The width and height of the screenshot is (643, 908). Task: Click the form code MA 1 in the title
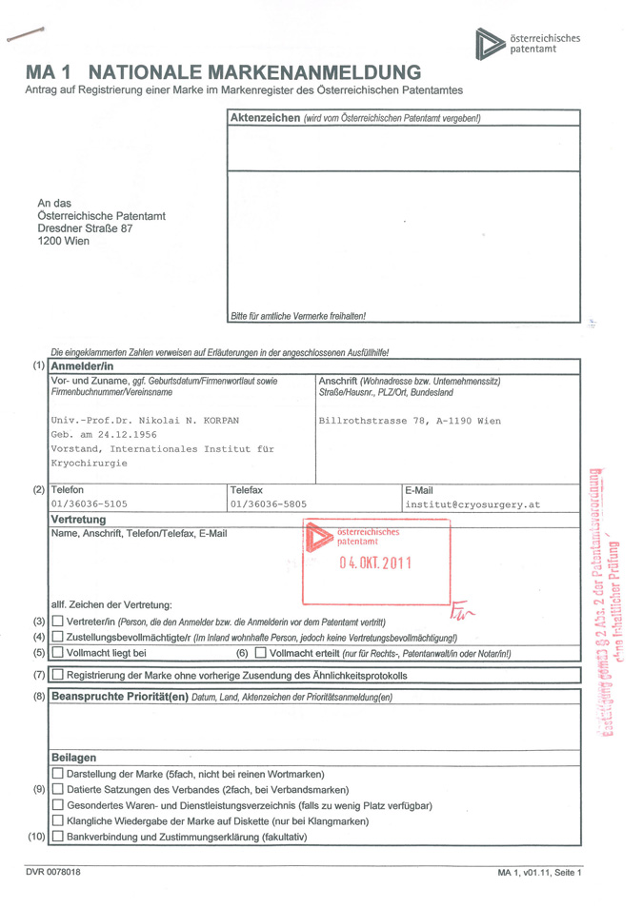tap(53, 72)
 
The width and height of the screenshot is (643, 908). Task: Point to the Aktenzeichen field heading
tap(262, 117)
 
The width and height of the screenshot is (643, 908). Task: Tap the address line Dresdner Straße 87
tap(85, 228)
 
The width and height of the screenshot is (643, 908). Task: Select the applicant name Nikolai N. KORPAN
tap(180, 420)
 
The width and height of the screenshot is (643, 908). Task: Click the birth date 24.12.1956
tap(126, 434)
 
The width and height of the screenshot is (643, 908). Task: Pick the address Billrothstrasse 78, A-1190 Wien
tap(410, 420)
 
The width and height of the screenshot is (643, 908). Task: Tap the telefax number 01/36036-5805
tap(269, 504)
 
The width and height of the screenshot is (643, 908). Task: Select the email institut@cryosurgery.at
tap(472, 504)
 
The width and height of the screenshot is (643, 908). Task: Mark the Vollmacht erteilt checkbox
tap(260, 653)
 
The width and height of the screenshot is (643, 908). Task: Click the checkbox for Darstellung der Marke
tap(57, 774)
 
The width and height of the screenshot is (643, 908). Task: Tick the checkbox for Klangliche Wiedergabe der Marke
tap(57, 820)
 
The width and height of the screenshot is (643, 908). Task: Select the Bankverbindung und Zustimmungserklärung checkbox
tap(57, 837)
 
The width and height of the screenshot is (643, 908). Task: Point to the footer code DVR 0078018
tap(53, 872)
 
